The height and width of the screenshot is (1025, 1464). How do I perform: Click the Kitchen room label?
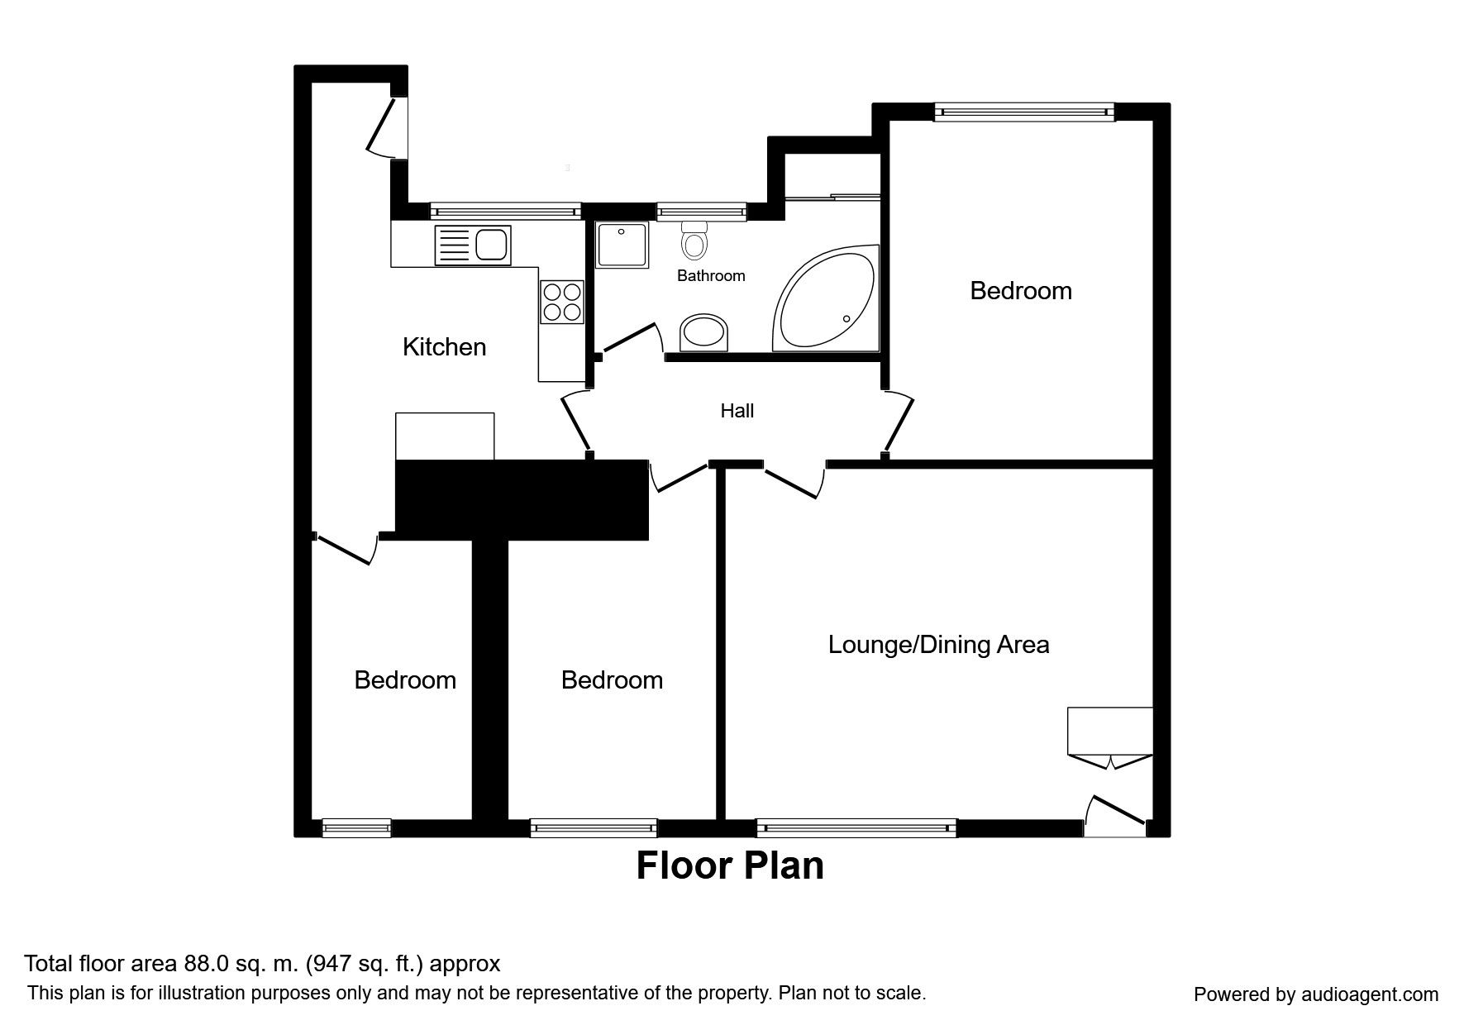[444, 347]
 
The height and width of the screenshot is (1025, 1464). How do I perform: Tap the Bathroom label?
[711, 276]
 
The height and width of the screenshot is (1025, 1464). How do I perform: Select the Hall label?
[737, 411]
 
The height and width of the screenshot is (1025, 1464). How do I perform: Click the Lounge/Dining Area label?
[938, 645]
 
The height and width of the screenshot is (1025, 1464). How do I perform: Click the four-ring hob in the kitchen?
[562, 302]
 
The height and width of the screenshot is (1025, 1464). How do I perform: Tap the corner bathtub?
[824, 299]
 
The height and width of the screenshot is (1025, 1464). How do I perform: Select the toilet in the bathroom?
[695, 240]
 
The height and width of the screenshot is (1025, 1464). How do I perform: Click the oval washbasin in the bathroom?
[706, 332]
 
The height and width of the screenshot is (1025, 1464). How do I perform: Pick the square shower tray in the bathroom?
[622, 245]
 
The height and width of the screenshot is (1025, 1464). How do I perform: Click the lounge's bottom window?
[856, 827]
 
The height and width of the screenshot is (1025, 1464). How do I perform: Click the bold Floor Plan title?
[730, 866]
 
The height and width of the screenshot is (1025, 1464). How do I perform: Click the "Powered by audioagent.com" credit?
[1316, 994]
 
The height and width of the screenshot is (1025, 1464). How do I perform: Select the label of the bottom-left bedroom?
[405, 680]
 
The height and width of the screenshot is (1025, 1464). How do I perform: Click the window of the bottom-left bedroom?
[356, 827]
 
